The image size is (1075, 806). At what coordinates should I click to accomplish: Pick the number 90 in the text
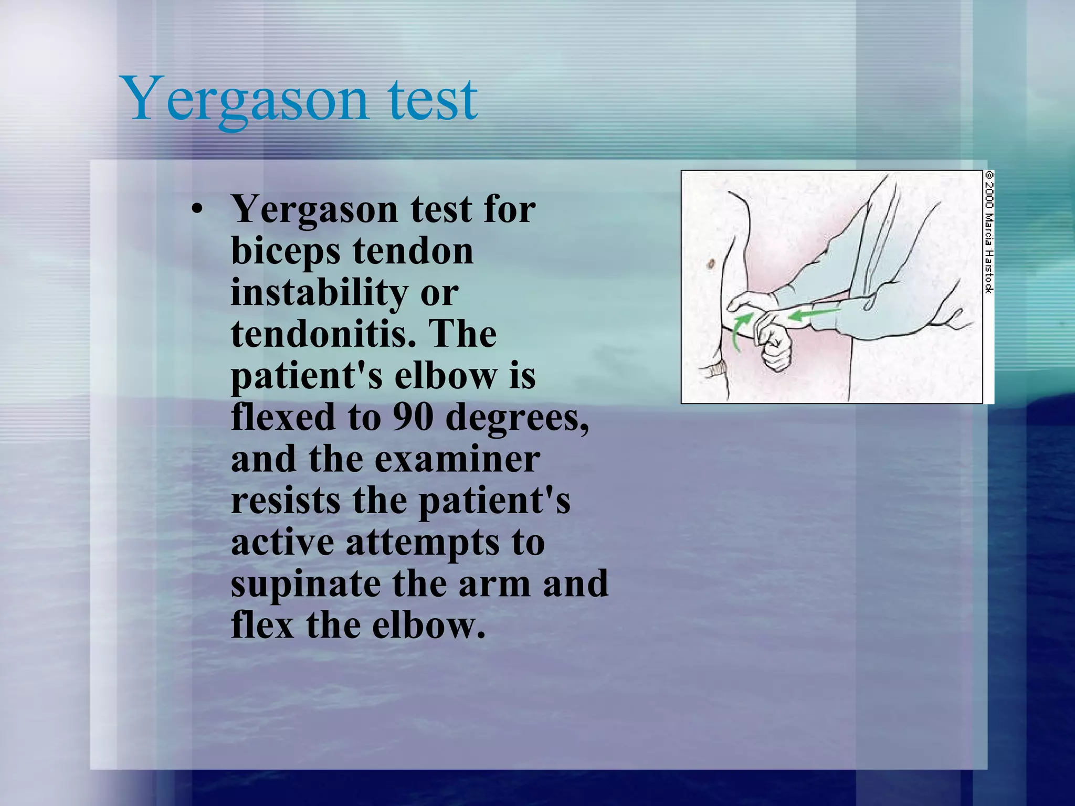(x=413, y=417)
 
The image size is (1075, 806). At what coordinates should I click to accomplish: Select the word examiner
(x=457, y=459)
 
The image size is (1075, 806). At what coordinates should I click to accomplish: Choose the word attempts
(x=423, y=543)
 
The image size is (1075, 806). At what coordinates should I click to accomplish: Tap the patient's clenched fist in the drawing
(x=774, y=346)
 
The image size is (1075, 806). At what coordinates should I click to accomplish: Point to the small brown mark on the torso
(x=711, y=264)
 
